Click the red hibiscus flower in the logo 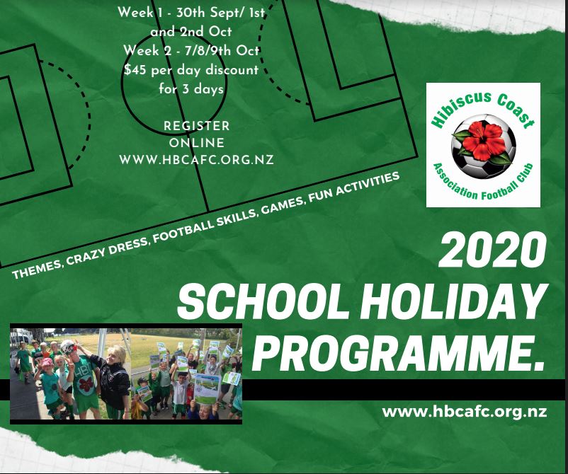(484, 140)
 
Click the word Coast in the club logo (516, 111)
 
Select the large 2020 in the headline (492, 250)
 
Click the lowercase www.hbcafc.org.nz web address (465, 412)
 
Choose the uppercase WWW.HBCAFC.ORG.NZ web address (196, 160)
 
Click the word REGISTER (197, 126)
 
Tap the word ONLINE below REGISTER (197, 143)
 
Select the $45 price (136, 69)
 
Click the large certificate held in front (208, 389)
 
